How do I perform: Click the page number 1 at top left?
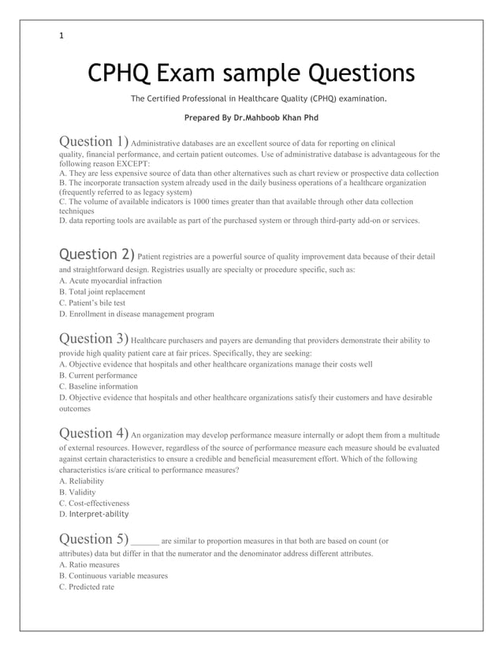61,35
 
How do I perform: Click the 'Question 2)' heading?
97,254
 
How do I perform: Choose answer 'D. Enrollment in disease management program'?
136,314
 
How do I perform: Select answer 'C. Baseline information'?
99,386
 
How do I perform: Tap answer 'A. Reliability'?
82,480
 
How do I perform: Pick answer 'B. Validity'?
79,492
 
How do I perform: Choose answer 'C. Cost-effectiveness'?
95,503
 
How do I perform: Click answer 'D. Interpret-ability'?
94,514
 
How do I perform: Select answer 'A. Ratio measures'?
89,564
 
